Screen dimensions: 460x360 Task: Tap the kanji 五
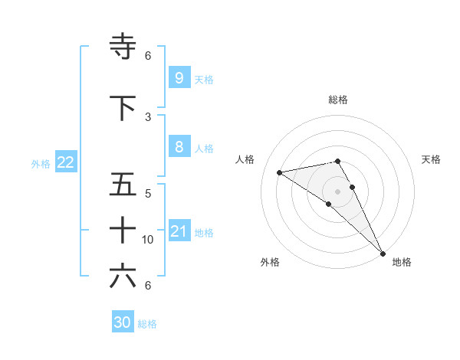coord(123,185)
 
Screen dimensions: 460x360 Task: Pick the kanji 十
coord(123,230)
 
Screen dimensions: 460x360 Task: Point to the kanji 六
coord(123,276)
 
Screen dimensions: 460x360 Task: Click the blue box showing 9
coord(179,77)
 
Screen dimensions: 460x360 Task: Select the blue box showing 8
coord(179,147)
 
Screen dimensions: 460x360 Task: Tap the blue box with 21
coord(179,231)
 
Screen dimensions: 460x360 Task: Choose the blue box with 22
coord(66,162)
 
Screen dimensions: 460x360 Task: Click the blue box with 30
coord(123,322)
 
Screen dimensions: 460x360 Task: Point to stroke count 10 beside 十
coord(148,240)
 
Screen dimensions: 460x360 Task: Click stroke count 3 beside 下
coord(148,117)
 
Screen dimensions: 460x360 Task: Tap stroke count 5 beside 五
coord(148,194)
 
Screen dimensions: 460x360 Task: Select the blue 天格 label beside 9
coord(204,79)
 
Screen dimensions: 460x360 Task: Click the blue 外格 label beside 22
coord(41,163)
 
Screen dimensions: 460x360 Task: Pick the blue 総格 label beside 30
coord(147,324)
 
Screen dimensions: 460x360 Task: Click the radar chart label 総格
coord(337,100)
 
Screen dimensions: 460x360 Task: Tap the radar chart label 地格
coord(402,262)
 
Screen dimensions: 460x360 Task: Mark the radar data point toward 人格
coord(280,172)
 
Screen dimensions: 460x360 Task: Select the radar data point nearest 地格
coord(383,253)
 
